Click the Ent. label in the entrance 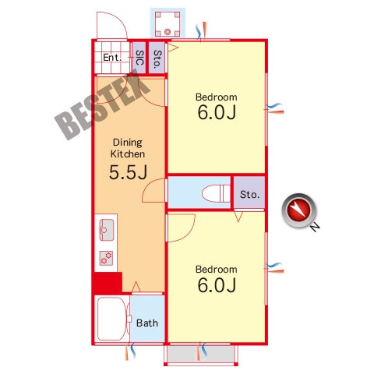click(x=112, y=58)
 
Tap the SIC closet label click(x=139, y=58)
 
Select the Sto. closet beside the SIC click(x=157, y=59)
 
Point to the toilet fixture click(x=216, y=193)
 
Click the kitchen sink click(x=107, y=230)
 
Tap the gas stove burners click(x=107, y=258)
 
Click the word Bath click(x=147, y=323)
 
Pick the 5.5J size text click(x=129, y=172)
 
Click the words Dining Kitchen click(x=128, y=148)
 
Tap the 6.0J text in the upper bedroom click(x=217, y=112)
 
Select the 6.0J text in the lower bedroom click(x=217, y=285)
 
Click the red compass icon click(x=299, y=210)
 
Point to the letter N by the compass click(x=315, y=228)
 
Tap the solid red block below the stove click(x=108, y=282)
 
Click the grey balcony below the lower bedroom click(x=201, y=354)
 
